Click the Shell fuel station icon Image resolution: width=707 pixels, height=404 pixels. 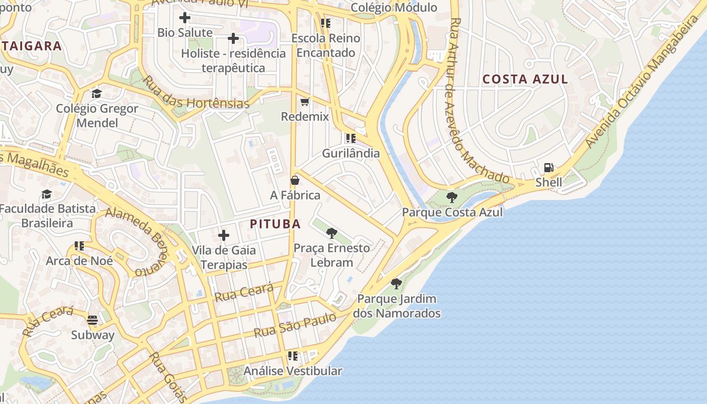tap(548, 168)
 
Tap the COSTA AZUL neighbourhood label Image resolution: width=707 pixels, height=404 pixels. tap(525, 79)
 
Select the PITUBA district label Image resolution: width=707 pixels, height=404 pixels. tap(275, 224)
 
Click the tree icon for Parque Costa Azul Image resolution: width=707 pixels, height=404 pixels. tap(452, 197)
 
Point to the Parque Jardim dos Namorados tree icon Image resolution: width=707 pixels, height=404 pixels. tap(396, 283)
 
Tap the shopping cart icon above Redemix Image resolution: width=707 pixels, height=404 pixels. tap(305, 102)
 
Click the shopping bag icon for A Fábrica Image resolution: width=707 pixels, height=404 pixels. tap(295, 180)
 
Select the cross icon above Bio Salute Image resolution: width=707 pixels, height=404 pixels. tap(185, 18)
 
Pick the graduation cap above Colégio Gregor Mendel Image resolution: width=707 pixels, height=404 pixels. tap(96, 94)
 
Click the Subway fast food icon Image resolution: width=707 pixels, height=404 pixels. tap(92, 320)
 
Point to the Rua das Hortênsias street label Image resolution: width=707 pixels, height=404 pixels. tap(195, 93)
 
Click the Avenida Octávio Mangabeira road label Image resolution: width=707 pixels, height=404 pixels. tap(641, 81)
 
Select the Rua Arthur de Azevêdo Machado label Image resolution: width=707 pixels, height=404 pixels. tap(478, 101)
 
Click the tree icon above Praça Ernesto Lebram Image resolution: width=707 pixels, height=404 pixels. tap(332, 233)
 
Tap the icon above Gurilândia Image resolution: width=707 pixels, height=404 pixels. tap(350, 138)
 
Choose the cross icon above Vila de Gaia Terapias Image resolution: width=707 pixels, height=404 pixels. tap(224, 235)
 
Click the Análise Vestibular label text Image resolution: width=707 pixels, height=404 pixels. tap(293, 371)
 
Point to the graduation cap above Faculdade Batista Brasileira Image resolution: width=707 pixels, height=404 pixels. tap(47, 194)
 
